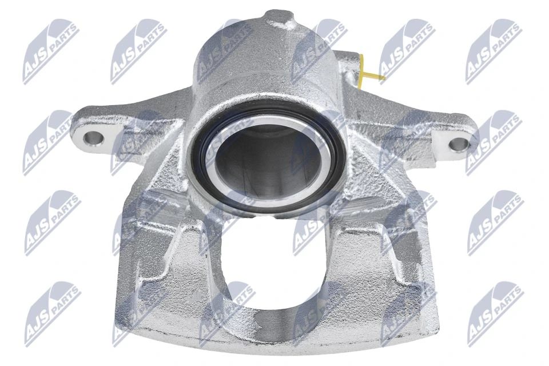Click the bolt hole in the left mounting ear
(91, 137)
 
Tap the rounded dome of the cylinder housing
(257, 57)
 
